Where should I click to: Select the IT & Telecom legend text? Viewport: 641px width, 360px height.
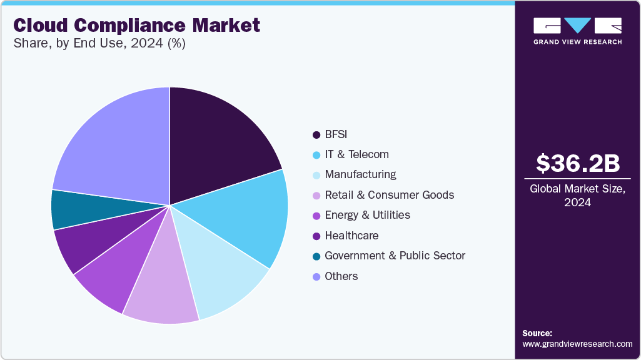coord(356,154)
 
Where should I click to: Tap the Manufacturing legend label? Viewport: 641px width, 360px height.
coord(360,174)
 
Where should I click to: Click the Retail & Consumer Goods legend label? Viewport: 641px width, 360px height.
coord(390,195)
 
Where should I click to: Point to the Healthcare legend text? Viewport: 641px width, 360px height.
coord(351,236)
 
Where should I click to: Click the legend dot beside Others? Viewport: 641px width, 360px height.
coord(316,276)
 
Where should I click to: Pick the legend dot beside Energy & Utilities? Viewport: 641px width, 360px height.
coord(316,216)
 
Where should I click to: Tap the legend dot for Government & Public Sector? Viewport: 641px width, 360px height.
coord(316,256)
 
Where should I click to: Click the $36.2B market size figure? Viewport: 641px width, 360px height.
coord(578,164)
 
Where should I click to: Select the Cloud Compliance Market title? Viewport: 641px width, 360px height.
coord(136,26)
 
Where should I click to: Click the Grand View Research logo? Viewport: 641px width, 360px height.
coord(577,31)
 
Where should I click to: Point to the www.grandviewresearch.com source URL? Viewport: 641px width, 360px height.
coord(577,344)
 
